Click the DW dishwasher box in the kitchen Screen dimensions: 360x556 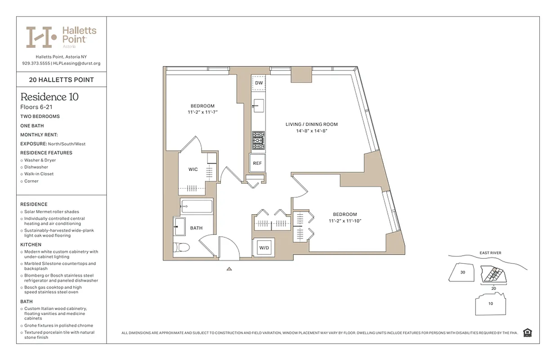259,83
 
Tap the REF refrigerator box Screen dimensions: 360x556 257,163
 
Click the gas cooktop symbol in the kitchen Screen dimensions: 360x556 258,140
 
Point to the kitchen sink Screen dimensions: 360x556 258,107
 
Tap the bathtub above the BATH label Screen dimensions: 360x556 197,207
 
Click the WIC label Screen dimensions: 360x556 193,170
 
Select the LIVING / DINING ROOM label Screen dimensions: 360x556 311,124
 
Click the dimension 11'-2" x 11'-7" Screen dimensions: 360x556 203,112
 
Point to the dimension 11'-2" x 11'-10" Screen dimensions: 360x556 345,220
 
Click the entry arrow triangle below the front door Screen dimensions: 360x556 229,269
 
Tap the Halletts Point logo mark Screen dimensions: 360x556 41,37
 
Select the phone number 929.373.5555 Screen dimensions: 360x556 36,63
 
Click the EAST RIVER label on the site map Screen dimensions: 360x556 489,253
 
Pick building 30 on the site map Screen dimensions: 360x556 462,273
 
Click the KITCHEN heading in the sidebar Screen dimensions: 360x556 31,245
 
